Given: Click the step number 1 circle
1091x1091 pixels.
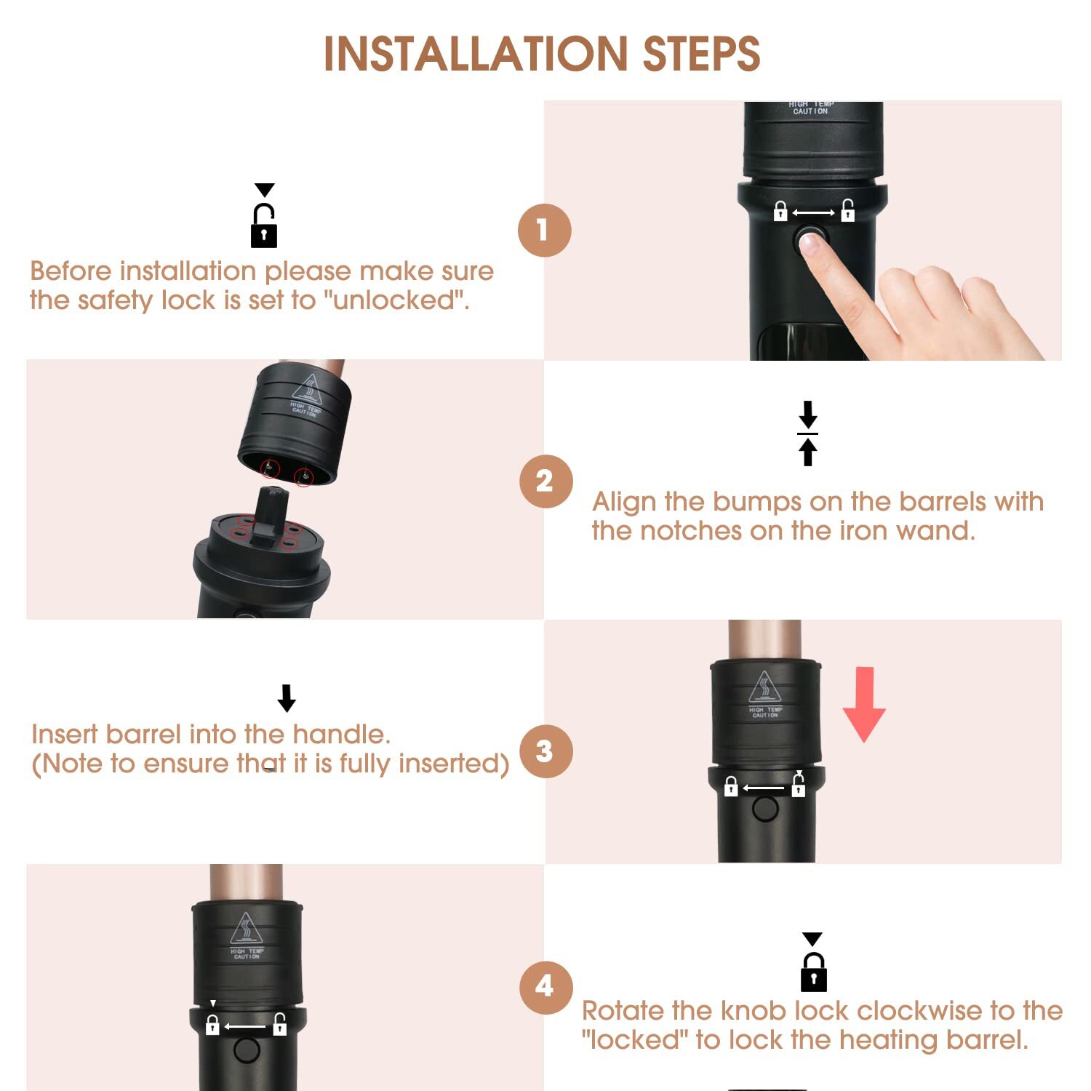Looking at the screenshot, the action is pos(545,231).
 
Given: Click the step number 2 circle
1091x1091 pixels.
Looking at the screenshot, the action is pos(546,481).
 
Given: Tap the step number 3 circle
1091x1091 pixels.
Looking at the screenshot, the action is pos(546,751).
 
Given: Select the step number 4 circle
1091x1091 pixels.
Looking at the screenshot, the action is pos(546,987).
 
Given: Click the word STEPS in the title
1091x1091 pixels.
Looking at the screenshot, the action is pos(702,54).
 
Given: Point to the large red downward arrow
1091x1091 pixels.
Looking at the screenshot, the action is pos(864,704).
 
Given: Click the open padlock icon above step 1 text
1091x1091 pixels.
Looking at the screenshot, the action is pos(264,225).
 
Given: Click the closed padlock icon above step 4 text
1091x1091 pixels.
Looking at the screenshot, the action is pos(814,972).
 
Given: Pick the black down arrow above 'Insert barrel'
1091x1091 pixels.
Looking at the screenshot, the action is pos(287,698).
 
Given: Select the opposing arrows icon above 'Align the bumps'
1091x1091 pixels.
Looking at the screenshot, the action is pos(808,433).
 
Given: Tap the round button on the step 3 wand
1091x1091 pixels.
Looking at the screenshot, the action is pos(765,808).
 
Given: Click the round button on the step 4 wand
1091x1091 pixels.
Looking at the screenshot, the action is pos(247,1050).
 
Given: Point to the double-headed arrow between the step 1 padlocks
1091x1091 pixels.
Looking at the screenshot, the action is pos(813,212).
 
